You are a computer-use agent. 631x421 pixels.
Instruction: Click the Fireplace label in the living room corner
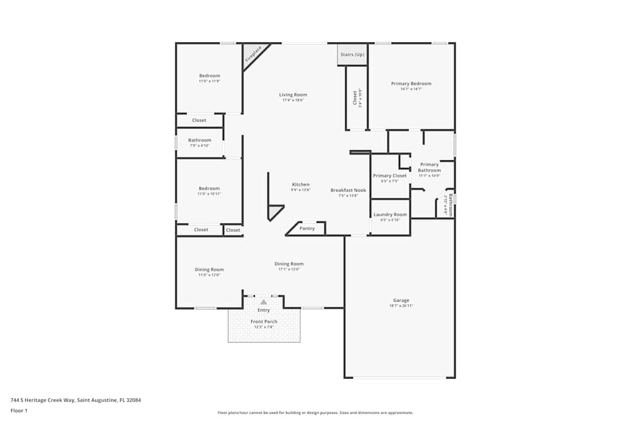coord(254,54)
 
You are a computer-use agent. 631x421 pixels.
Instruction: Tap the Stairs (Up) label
coord(352,54)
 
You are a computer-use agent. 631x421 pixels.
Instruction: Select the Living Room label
coord(293,95)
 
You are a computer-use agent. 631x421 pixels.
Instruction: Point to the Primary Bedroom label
coord(411,83)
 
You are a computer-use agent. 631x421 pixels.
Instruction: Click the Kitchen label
coord(300,184)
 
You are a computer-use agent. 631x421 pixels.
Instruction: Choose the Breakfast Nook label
coord(348,190)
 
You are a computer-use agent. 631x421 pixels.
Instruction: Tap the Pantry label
coord(307,228)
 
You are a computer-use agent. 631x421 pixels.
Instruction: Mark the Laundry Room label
coord(390,215)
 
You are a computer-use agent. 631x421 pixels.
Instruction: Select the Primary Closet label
coord(389,175)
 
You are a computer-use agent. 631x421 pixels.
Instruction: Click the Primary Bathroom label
coord(429,167)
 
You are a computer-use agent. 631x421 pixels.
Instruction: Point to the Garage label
coord(401,300)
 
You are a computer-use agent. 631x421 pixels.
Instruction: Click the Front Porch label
coord(264,321)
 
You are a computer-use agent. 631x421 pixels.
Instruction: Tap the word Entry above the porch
coord(264,310)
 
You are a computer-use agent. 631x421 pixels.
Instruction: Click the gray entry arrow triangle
coord(264,302)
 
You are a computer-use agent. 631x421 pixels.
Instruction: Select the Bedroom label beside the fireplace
coord(209,76)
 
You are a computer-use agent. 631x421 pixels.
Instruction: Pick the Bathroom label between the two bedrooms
coord(199,140)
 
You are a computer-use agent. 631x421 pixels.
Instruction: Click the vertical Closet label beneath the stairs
coord(355,97)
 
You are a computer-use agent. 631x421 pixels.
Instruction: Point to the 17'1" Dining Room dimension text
coord(289,270)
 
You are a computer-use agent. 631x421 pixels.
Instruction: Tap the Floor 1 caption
coord(19,410)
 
